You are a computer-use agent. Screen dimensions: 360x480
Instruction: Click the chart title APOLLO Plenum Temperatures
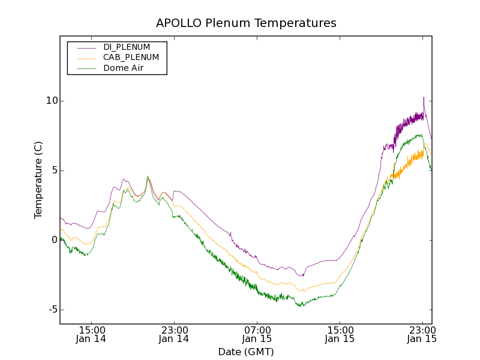click(246, 23)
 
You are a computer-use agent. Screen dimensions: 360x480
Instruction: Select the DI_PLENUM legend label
click(127, 47)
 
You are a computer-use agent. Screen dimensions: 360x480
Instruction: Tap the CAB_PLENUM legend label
click(131, 58)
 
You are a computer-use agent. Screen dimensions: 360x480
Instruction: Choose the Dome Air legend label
click(124, 68)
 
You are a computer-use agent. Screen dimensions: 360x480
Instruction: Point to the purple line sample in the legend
click(85, 47)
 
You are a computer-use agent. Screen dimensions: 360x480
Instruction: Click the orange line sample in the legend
click(85, 58)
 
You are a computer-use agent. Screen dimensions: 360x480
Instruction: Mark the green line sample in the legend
click(85, 68)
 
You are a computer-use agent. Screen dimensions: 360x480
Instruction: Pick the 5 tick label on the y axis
click(53, 170)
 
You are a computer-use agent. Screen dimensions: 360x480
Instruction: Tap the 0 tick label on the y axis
click(53, 240)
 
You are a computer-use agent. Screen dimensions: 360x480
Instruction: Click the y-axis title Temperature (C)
click(38, 179)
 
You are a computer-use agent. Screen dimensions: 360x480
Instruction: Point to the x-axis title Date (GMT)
click(246, 352)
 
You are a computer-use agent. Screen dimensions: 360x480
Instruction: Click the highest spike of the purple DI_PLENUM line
click(424, 97)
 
